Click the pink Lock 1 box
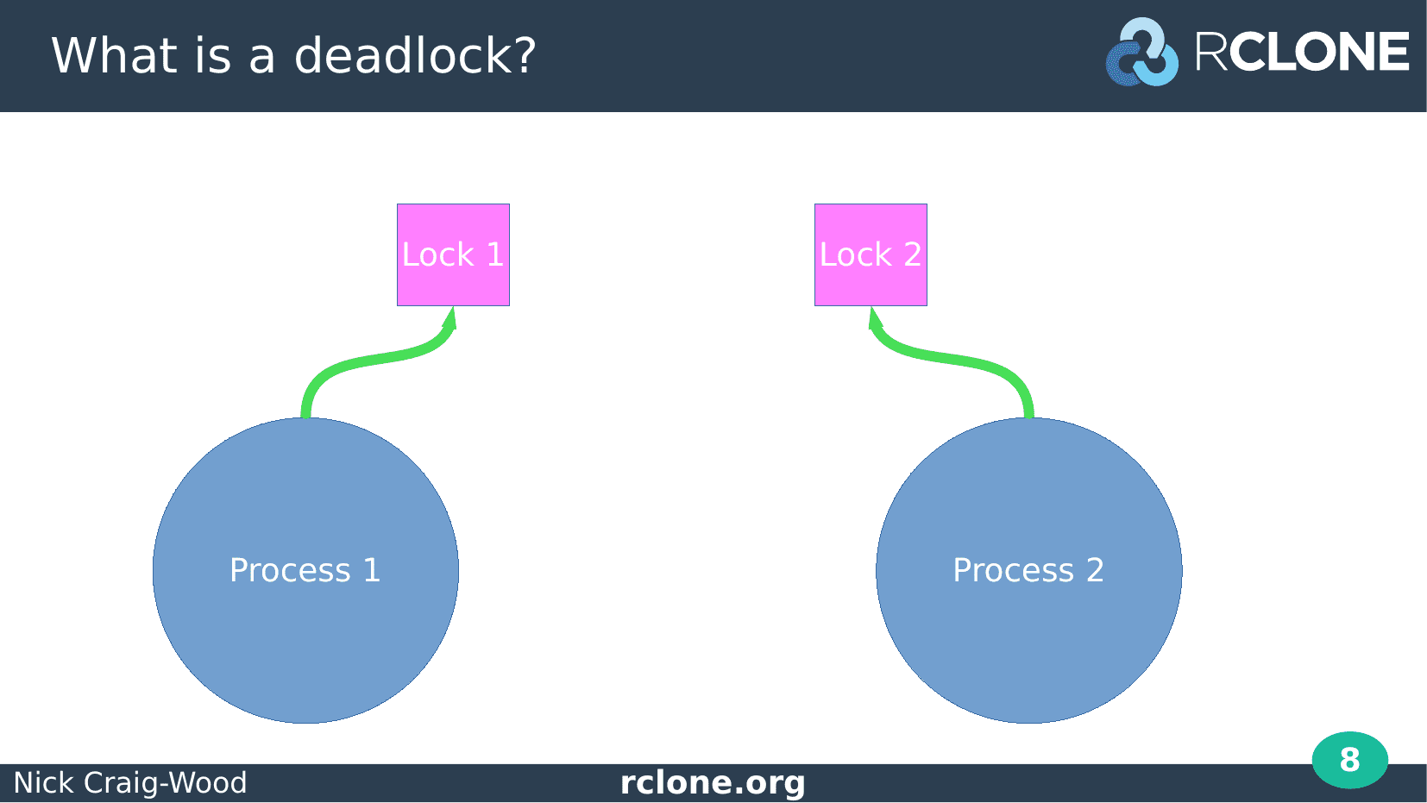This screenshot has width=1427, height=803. (453, 254)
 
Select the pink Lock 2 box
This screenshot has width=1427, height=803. (871, 254)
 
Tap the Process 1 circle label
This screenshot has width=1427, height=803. (305, 570)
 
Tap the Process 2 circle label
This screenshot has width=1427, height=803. (1028, 570)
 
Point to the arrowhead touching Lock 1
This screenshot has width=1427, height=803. (451, 318)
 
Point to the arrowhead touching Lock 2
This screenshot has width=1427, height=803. (874, 318)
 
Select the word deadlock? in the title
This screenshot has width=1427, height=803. (415, 55)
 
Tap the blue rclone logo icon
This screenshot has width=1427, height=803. (1141, 53)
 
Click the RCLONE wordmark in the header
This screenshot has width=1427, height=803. (1302, 52)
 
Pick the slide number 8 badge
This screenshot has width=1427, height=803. (1350, 760)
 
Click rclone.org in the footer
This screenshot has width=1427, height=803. (713, 782)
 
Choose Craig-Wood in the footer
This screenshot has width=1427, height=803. (165, 783)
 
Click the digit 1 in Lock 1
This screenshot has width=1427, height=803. (495, 254)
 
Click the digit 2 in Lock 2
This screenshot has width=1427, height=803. (912, 254)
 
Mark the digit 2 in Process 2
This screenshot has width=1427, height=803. (1095, 570)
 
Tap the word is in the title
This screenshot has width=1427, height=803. (213, 55)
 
